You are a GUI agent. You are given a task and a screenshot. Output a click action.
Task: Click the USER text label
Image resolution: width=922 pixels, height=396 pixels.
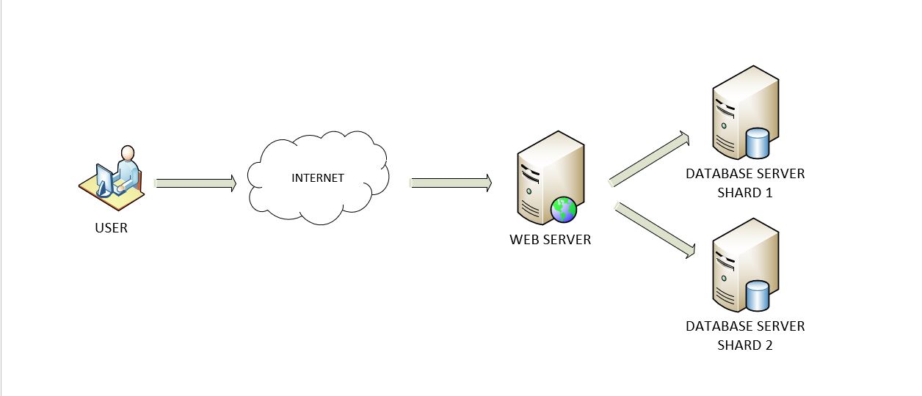pyautogui.click(x=111, y=228)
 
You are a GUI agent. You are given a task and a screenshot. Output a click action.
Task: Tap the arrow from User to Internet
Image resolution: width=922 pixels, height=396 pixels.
pyautogui.click(x=195, y=183)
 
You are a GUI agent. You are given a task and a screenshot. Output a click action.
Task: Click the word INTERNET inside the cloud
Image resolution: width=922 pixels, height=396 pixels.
pyautogui.click(x=317, y=178)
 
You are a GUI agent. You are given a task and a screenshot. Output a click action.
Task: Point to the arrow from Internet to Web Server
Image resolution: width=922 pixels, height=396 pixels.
pyautogui.click(x=450, y=183)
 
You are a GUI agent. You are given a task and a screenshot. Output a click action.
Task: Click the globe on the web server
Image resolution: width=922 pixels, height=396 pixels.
pyautogui.click(x=564, y=210)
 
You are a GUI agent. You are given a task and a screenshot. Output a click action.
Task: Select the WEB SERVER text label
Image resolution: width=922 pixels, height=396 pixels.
pyautogui.click(x=550, y=240)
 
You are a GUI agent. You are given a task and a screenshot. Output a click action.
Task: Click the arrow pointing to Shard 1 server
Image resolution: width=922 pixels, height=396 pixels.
pyautogui.click(x=650, y=158)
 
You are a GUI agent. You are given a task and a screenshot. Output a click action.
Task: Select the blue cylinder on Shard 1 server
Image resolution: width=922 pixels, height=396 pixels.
pyautogui.click(x=757, y=143)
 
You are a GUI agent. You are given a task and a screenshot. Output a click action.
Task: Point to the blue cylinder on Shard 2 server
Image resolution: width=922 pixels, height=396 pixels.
pyautogui.click(x=757, y=296)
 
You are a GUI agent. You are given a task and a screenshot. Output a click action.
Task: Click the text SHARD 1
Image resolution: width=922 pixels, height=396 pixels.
pyautogui.click(x=745, y=193)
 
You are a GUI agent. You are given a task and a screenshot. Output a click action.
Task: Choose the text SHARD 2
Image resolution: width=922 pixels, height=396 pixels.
pyautogui.click(x=745, y=345)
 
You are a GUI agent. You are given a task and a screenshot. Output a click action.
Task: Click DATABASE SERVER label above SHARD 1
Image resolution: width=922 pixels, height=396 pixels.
pyautogui.click(x=745, y=174)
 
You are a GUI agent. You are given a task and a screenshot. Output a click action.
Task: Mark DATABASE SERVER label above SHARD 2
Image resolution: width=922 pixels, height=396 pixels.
pyautogui.click(x=745, y=326)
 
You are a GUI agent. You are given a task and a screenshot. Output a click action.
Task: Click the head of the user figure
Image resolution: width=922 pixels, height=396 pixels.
pyautogui.click(x=128, y=153)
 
